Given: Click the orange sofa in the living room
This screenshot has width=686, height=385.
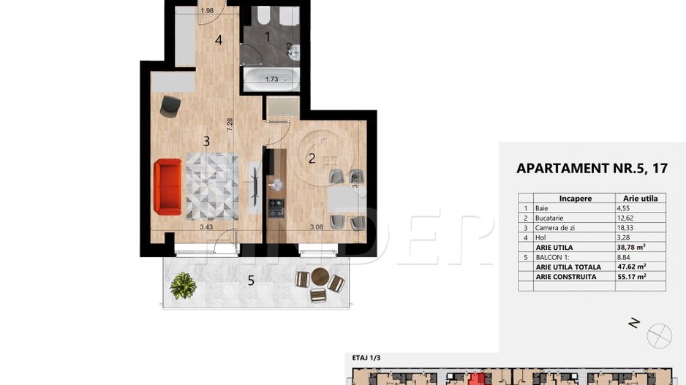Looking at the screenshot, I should (x=167, y=188).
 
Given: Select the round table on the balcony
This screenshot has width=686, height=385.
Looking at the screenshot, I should (x=320, y=277).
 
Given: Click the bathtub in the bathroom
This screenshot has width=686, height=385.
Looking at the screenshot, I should (x=270, y=79).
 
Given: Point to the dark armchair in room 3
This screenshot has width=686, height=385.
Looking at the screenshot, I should (x=170, y=106).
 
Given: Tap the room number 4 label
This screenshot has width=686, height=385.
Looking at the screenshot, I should (x=218, y=40).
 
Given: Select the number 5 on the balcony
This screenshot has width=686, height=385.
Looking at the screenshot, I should (x=251, y=280).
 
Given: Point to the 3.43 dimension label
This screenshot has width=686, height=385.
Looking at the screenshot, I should (x=207, y=227).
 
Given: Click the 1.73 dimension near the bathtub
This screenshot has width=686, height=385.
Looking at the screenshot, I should (x=272, y=79).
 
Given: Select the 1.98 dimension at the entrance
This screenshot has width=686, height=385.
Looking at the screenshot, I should (x=206, y=10).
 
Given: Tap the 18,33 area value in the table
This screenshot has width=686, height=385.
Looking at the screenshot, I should (x=630, y=228).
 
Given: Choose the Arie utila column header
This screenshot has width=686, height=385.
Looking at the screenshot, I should (x=640, y=198).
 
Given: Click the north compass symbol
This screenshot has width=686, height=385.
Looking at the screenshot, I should (x=660, y=335).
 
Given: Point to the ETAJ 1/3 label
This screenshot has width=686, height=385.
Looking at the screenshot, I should (x=367, y=359).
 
